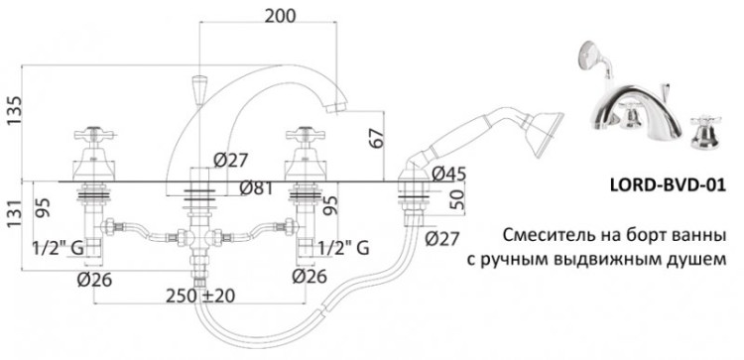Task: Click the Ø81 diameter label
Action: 256,188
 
